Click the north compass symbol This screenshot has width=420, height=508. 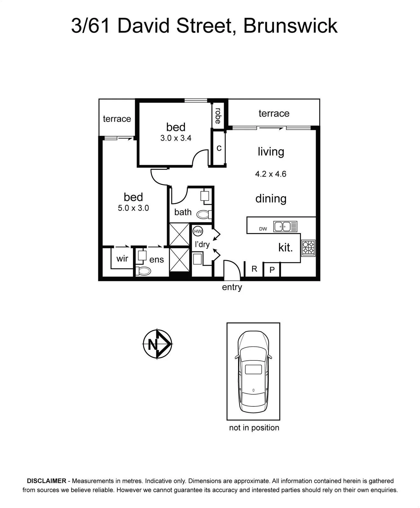157,344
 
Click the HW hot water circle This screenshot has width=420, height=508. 198,231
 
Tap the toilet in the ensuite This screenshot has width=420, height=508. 143,271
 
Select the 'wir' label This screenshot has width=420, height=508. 122,258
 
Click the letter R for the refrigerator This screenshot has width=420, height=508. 254,269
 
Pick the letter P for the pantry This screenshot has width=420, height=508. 272,270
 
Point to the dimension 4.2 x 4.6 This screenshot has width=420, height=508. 271,174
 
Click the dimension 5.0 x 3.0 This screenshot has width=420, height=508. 133,208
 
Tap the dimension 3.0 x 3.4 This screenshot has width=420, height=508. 176,138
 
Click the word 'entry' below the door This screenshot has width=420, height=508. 232,287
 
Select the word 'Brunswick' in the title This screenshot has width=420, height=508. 290,26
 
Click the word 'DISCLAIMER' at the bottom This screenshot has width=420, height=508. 46,481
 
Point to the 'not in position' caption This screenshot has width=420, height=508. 254,428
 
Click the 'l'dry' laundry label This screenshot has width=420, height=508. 202,244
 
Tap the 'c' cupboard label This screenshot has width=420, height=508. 219,148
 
